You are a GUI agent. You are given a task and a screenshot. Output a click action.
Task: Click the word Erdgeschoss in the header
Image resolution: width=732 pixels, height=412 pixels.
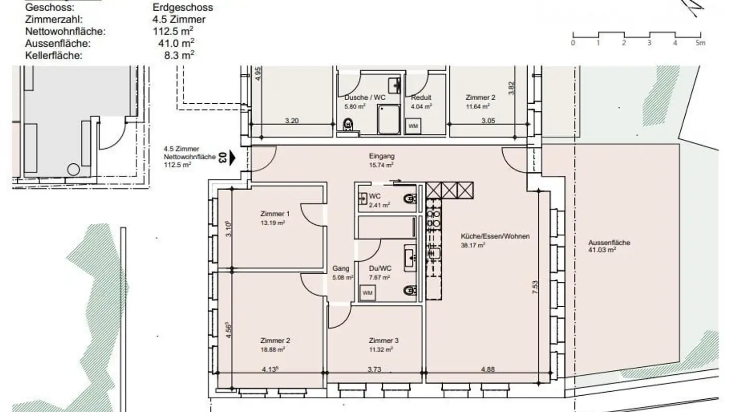pos(182,8)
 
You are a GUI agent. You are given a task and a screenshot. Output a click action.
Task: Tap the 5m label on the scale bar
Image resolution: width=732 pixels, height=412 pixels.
pos(700,43)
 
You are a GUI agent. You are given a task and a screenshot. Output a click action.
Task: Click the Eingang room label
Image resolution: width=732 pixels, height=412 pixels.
pos(381,157)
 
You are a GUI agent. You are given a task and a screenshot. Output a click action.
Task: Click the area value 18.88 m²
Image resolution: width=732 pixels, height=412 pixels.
pos(272,349)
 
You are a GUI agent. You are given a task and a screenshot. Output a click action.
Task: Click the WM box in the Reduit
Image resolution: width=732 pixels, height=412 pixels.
pos(412,125)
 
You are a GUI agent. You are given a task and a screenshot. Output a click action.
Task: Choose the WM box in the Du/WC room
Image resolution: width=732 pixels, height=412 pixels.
pos(367,293)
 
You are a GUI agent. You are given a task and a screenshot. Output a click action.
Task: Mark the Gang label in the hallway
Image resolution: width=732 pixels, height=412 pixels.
pos(340,269)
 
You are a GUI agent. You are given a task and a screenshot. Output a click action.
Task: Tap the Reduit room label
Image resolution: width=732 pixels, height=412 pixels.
pos(421,98)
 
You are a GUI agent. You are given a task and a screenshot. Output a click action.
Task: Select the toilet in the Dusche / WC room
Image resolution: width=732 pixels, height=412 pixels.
pos(349,124)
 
